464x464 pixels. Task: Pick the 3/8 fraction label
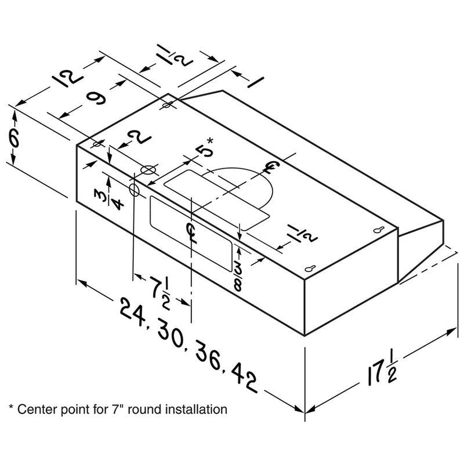238,273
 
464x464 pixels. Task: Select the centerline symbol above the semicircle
271,168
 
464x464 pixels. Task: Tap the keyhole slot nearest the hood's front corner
311,270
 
